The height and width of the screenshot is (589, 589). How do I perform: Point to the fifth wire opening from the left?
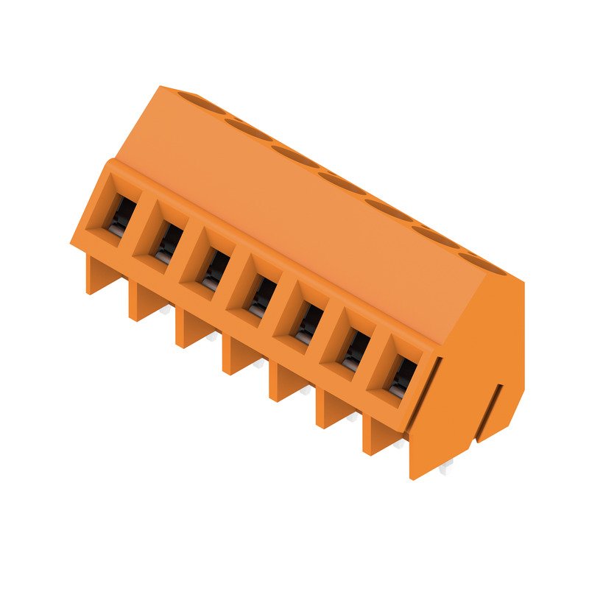[308, 322]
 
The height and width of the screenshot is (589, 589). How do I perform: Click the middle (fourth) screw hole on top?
[342, 181]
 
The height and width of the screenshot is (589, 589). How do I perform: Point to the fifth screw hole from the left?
[389, 208]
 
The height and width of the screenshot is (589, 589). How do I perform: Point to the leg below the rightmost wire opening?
[377, 437]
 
